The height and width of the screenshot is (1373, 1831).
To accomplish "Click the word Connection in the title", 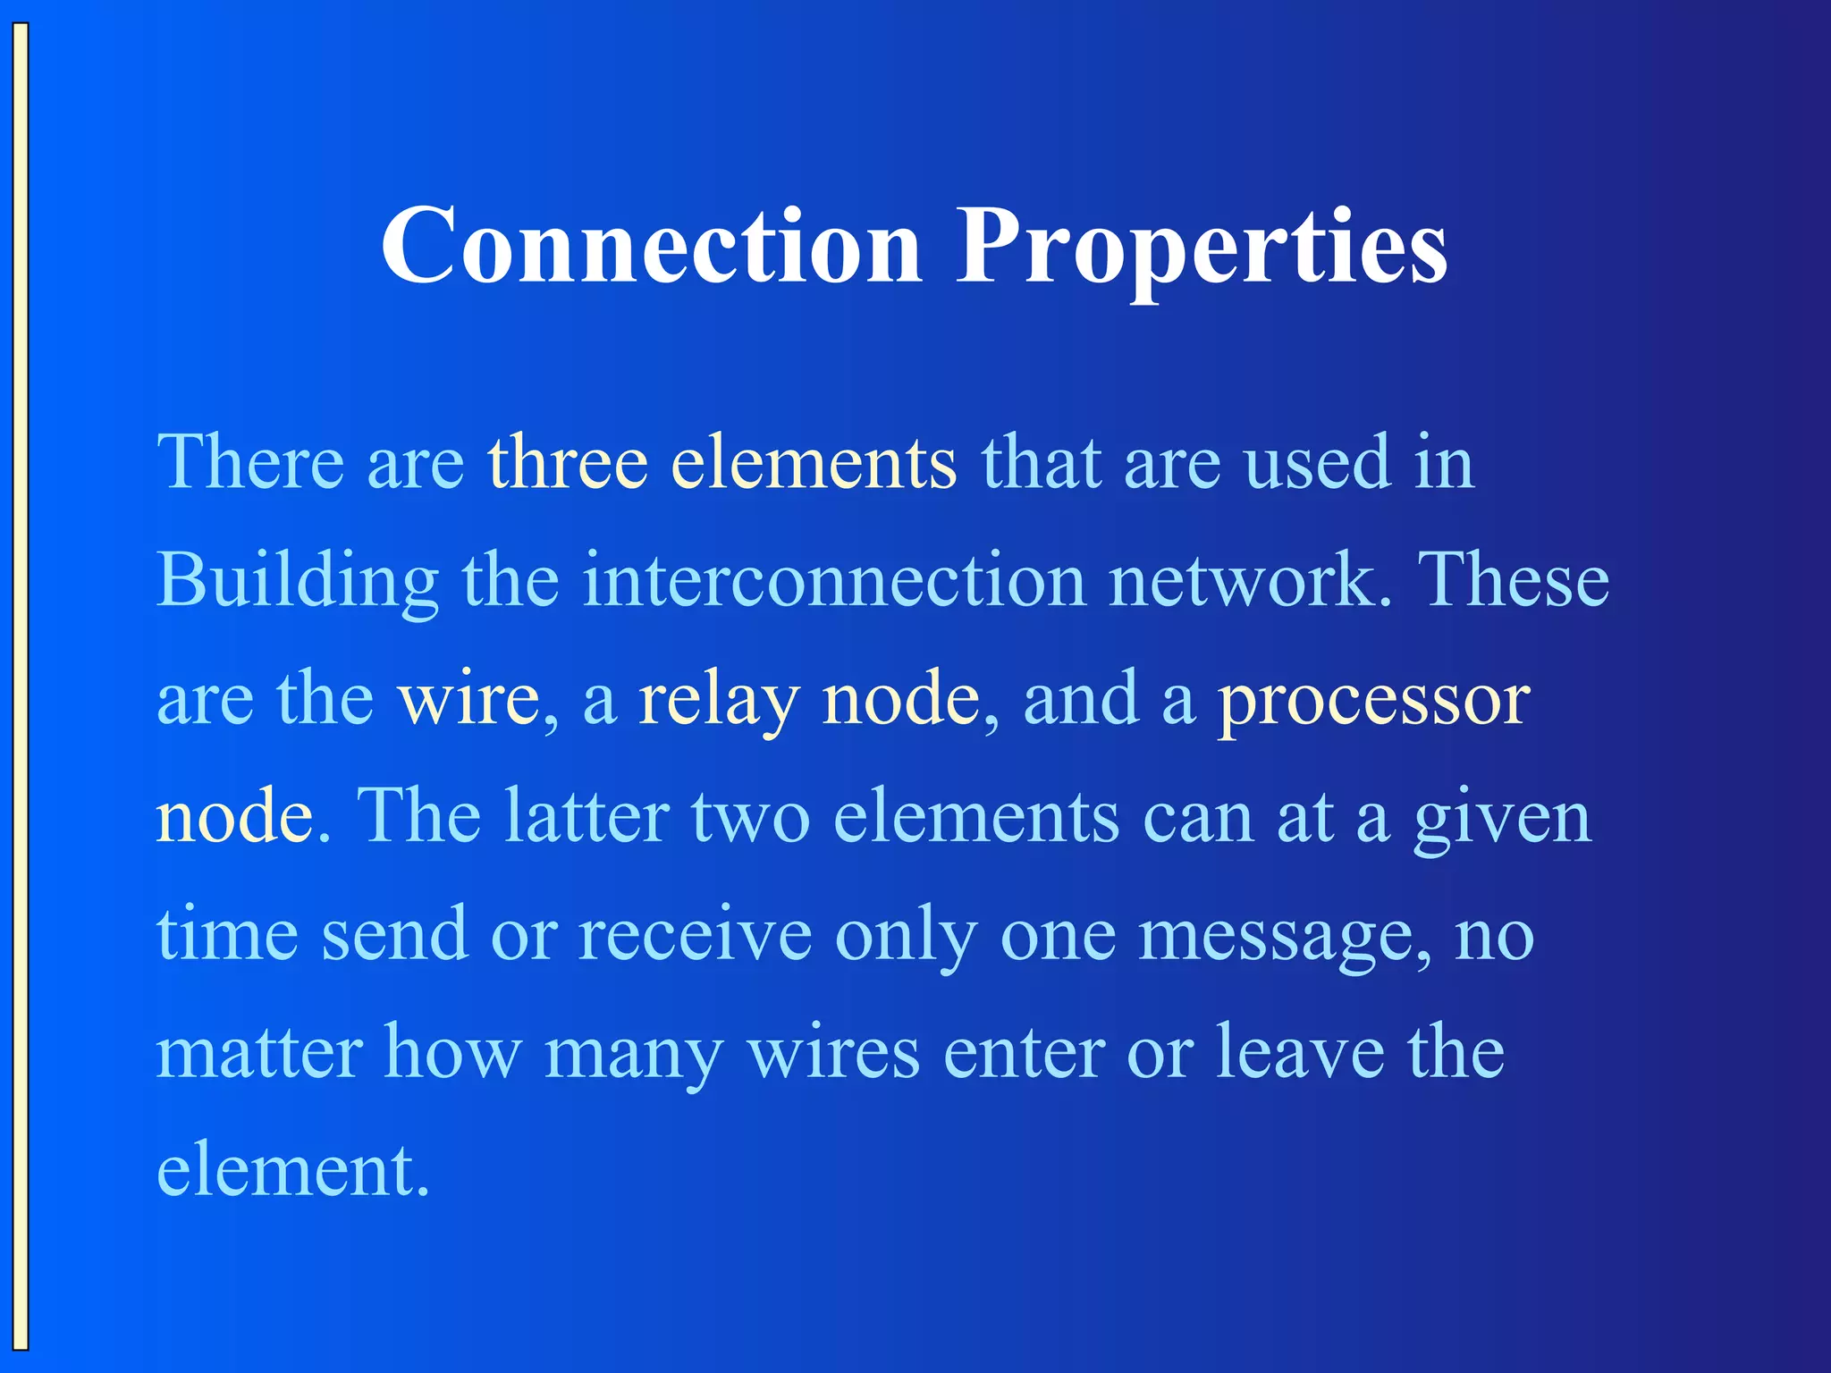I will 651,246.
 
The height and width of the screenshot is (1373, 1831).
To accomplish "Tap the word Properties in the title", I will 1202,246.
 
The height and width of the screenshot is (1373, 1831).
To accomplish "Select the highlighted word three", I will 567,462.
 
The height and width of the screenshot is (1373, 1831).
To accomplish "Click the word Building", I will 298,581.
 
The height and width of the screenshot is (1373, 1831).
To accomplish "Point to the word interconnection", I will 835,581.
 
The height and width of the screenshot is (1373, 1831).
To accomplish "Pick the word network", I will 1251,581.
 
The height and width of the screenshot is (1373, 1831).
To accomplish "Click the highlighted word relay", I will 718,700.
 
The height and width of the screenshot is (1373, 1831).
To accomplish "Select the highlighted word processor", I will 1374,700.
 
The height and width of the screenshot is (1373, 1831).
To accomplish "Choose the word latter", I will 586,817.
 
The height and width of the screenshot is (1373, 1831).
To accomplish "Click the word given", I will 1502,819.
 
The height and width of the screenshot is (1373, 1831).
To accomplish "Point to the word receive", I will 696,935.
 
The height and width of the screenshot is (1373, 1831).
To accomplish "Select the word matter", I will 259,1053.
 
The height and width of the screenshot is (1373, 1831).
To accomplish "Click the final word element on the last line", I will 292,1171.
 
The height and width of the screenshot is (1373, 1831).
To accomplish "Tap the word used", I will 1318,462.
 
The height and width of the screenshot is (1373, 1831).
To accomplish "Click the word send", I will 394,935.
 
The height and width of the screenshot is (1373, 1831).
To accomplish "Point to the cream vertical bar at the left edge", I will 20,686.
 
